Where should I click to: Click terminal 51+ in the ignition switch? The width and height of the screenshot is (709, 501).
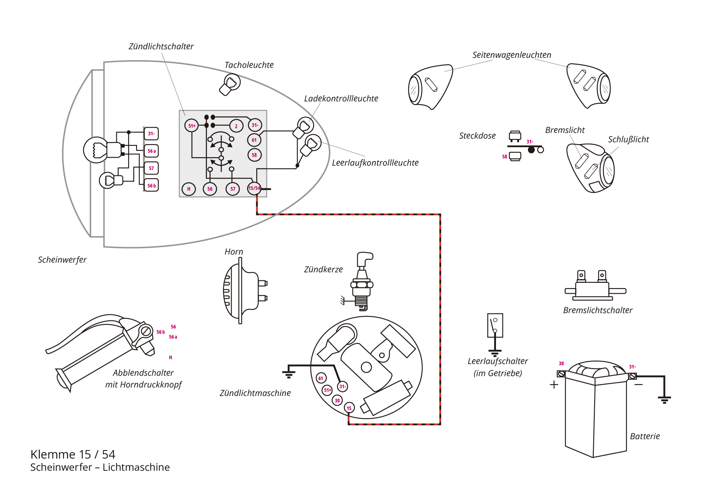point(192,126)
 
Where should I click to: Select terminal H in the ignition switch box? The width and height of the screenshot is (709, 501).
point(189,189)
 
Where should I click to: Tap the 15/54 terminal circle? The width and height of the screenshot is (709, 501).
point(254,188)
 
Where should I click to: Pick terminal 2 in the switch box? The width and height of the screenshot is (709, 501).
point(236,126)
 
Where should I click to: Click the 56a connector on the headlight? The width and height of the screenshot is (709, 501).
point(151,151)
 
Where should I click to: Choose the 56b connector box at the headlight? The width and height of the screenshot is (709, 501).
point(151,185)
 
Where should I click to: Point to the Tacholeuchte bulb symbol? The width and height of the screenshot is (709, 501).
point(230,84)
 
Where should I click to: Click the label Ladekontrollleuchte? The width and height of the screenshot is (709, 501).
point(341,99)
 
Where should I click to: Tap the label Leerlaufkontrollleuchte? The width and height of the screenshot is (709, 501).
point(375,163)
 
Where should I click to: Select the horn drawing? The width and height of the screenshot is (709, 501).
point(244,290)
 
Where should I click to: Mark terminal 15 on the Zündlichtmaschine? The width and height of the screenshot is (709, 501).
point(349,408)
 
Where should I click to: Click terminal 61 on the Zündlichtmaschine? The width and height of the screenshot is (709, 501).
point(321,378)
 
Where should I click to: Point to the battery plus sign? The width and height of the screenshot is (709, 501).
point(554,385)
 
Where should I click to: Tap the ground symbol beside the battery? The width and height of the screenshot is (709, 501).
point(664,400)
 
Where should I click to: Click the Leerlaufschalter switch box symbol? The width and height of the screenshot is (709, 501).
point(495,325)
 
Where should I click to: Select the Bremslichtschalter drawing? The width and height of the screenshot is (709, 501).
point(595,285)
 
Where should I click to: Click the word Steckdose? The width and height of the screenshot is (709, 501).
point(477,136)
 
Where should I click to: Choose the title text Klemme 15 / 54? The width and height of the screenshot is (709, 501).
point(73,454)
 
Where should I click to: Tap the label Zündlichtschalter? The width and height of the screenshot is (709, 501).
point(161,46)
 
